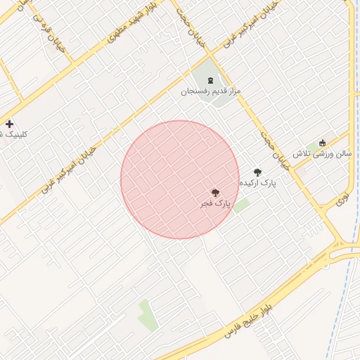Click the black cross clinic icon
(8, 124)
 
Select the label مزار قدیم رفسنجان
(210, 91)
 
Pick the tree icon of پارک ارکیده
(257, 172)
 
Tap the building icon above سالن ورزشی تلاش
(323, 143)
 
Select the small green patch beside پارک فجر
(241, 205)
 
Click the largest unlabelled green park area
(147, 314)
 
